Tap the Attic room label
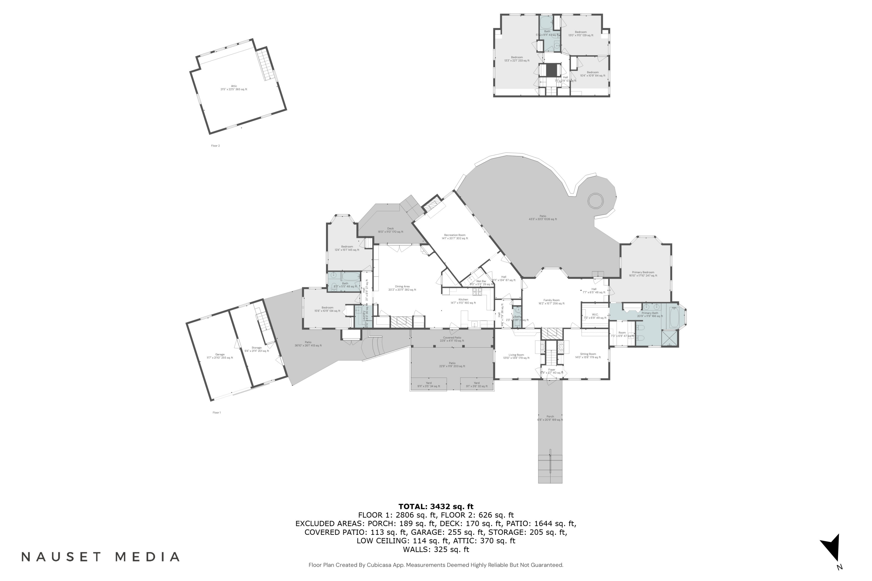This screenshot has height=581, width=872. [234, 87]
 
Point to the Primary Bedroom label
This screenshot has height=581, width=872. [643, 274]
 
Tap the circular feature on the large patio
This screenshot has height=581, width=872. [595, 201]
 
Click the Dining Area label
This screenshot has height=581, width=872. [402, 288]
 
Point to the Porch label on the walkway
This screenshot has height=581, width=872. [550, 418]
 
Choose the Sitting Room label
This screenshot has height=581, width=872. [588, 355]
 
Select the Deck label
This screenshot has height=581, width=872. [390, 230]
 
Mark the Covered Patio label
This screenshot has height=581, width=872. [452, 339]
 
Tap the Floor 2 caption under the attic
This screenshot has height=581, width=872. [215, 146]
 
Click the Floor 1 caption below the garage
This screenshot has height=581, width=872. [217, 413]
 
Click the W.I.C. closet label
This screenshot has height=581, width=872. [595, 316]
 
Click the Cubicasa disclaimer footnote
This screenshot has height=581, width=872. [436, 565]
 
